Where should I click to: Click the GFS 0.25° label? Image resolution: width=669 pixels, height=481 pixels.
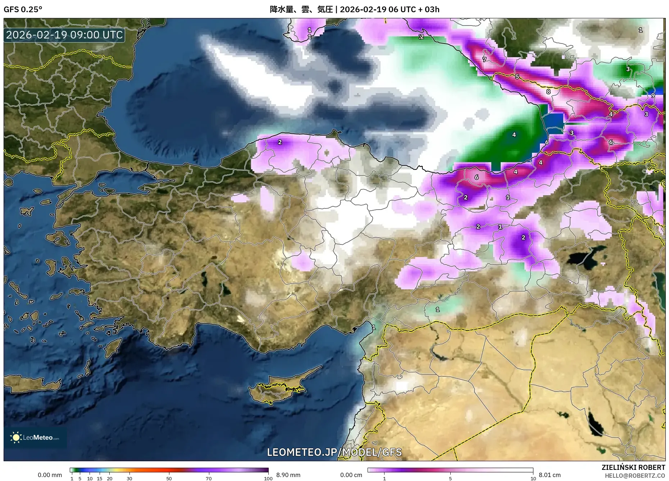(x=23, y=9)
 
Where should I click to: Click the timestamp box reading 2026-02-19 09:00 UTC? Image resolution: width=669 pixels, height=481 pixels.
(x=64, y=35)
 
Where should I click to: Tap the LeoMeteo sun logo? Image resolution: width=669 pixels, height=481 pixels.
(x=16, y=438)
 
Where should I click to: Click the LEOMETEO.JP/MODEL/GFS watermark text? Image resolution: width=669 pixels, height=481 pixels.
(x=334, y=452)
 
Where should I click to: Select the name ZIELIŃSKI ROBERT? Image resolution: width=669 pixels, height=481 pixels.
(x=633, y=467)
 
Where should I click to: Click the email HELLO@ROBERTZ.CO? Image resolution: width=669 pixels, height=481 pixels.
(x=634, y=476)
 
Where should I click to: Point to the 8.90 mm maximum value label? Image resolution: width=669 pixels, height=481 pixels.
(x=288, y=475)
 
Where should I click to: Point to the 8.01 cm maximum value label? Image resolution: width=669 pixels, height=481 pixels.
(x=549, y=475)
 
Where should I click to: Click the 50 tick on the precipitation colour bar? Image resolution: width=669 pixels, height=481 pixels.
(x=169, y=478)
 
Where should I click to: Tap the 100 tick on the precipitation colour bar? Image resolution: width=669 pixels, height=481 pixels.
(x=268, y=478)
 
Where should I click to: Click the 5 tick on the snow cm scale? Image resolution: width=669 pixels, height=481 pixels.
(x=450, y=478)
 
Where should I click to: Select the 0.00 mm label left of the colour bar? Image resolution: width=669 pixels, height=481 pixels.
(x=50, y=475)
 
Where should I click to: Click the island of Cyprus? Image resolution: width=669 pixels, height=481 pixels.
(x=277, y=390)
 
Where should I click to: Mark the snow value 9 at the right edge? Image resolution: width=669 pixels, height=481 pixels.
(x=653, y=95)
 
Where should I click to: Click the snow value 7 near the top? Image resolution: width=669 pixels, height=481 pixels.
(x=484, y=60)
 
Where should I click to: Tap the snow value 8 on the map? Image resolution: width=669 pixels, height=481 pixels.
(x=548, y=92)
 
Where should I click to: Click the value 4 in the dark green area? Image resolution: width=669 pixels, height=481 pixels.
(x=514, y=135)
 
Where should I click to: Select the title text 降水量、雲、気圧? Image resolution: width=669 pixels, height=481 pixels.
(x=301, y=9)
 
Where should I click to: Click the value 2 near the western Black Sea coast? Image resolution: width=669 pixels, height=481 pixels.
(x=280, y=142)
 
